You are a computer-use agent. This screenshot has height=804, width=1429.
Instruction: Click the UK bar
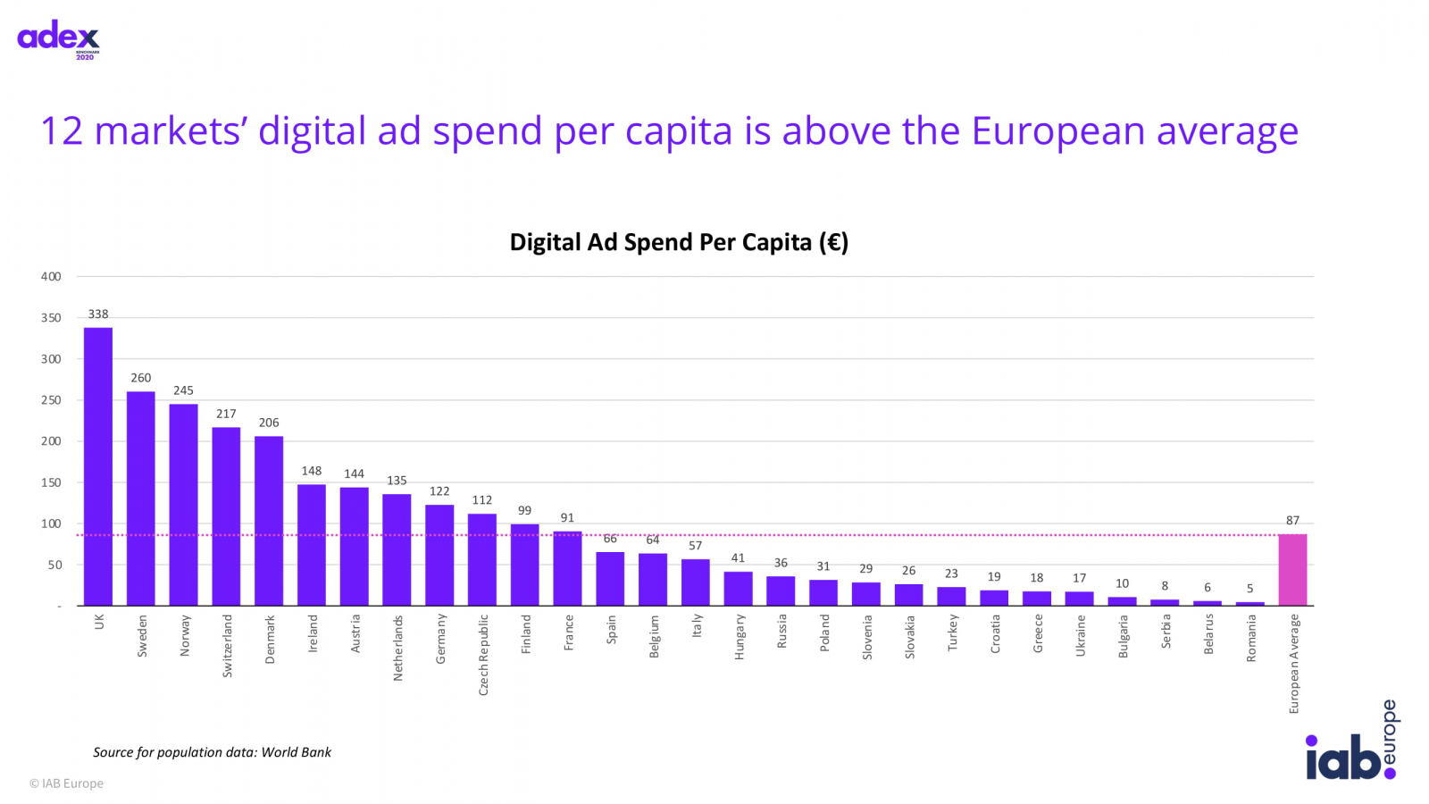click(x=98, y=466)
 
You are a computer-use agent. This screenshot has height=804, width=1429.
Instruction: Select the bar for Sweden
click(x=141, y=498)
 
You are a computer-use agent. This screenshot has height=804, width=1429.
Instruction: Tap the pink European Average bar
click(x=1292, y=570)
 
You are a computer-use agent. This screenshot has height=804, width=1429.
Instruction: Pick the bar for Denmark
click(x=269, y=521)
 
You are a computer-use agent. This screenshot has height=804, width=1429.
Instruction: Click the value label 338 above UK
click(x=98, y=314)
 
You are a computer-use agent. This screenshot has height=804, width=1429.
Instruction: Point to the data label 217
click(x=226, y=414)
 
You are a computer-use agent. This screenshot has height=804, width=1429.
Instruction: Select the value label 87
click(x=1292, y=520)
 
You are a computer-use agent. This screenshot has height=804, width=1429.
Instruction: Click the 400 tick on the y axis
click(x=51, y=277)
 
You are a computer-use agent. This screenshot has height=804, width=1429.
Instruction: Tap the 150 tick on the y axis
click(x=51, y=482)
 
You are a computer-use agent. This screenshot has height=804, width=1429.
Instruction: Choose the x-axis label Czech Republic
click(x=483, y=655)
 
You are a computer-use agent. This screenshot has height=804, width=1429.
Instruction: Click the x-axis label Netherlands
click(x=397, y=648)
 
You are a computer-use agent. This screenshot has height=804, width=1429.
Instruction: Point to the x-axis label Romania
click(x=1250, y=638)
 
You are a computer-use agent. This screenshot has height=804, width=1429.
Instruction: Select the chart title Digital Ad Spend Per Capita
click(x=679, y=242)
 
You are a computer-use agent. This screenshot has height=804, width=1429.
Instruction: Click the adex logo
click(x=59, y=38)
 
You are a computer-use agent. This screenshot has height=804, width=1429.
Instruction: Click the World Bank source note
click(x=212, y=752)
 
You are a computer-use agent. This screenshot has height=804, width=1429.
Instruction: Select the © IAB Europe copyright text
click(x=66, y=783)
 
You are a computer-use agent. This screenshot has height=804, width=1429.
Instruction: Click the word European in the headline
click(x=1057, y=131)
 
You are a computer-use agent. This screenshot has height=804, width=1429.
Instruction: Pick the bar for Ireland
click(x=312, y=545)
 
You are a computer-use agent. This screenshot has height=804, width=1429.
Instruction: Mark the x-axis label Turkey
click(x=952, y=632)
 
